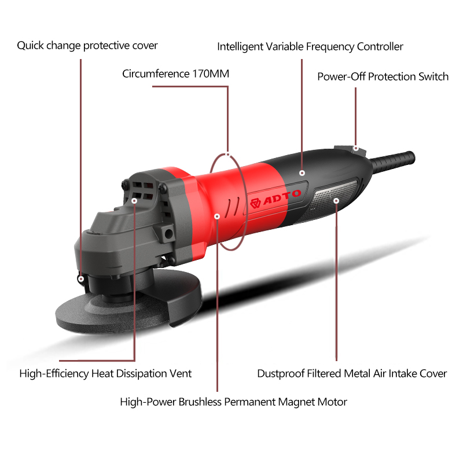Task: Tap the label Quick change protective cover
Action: click(x=87, y=45)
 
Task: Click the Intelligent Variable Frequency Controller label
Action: click(x=310, y=46)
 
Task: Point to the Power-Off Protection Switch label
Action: click(x=383, y=76)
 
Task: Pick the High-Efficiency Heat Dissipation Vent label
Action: click(x=105, y=373)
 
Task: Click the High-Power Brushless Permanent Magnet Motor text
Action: click(x=233, y=401)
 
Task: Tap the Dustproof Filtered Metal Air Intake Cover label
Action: click(x=352, y=373)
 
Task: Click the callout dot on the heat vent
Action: click(x=134, y=201)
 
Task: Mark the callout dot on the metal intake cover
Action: click(x=336, y=201)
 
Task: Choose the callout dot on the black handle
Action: click(x=302, y=172)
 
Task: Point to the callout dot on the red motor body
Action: click(x=217, y=216)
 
